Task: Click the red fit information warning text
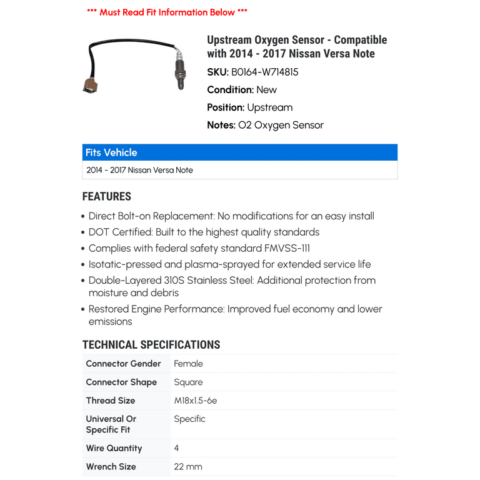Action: click(x=167, y=12)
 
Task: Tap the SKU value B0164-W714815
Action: click(x=265, y=72)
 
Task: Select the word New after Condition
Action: click(x=266, y=89)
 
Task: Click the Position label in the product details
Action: click(x=226, y=107)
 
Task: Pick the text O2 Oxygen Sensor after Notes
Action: click(x=281, y=125)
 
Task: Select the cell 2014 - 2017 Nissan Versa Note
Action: click(x=140, y=170)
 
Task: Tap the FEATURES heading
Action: click(x=107, y=196)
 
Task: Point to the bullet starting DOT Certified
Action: click(x=204, y=232)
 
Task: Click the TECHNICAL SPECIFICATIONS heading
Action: click(x=151, y=344)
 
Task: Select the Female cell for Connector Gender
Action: click(x=188, y=364)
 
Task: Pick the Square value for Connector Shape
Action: click(x=188, y=382)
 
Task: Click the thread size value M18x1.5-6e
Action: click(x=196, y=401)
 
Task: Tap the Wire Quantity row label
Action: click(x=114, y=448)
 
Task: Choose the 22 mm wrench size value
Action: click(x=188, y=466)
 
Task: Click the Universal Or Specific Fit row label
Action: click(x=111, y=424)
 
